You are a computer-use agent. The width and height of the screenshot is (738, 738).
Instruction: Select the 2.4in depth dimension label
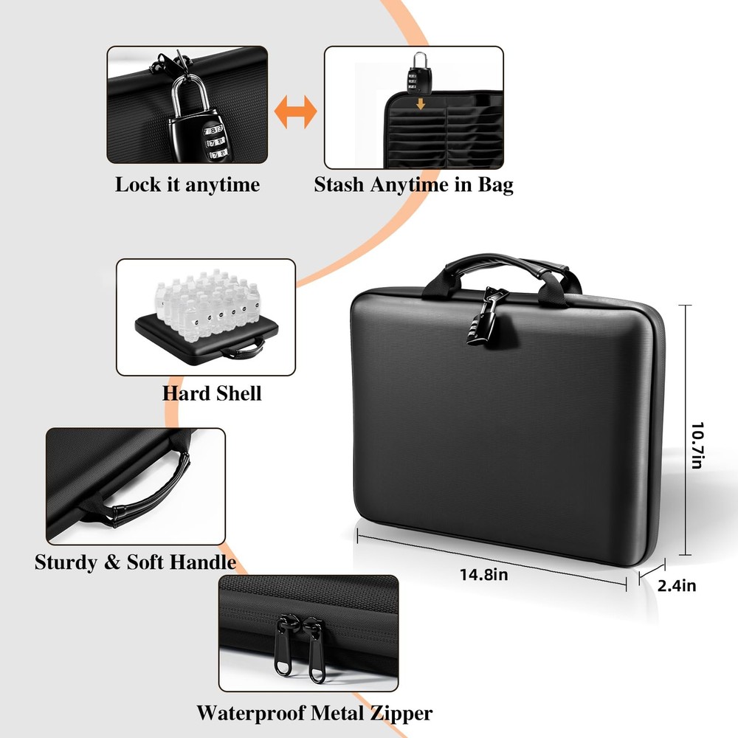(676, 586)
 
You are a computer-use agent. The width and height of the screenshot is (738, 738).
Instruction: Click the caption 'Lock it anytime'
(187, 184)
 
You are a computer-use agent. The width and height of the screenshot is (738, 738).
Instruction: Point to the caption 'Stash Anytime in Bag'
(413, 184)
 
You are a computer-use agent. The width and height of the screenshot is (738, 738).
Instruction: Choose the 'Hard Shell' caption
(212, 393)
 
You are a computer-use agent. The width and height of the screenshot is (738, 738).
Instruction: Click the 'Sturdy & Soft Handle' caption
(135, 562)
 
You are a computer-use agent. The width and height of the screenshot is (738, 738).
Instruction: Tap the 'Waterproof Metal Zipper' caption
(314, 713)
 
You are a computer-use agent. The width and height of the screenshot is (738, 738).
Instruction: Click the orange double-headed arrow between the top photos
(295, 113)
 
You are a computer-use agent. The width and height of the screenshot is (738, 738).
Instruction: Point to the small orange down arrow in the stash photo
(421, 105)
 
